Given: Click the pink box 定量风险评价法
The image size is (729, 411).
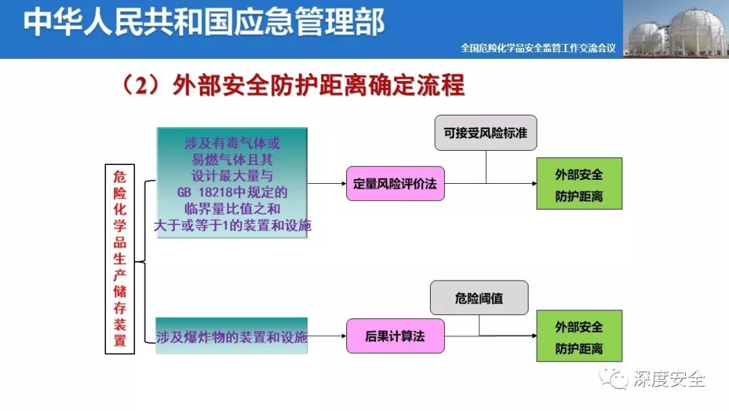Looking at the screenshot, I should [396, 183].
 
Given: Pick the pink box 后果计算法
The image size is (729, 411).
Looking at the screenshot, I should [396, 336].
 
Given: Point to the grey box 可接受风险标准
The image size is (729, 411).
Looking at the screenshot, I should [485, 133].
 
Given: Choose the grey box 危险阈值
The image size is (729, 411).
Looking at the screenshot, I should [479, 298].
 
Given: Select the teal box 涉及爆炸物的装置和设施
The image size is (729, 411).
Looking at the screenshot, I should [232, 336].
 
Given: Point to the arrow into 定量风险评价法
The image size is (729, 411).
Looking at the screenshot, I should [327, 183].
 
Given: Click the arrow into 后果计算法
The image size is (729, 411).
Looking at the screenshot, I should [327, 336].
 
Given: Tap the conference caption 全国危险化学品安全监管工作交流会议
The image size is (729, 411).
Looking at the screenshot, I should [538, 49].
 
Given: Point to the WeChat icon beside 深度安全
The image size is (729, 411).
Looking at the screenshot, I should [616, 378].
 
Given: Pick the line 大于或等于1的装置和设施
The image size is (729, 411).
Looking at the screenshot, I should [232, 226].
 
